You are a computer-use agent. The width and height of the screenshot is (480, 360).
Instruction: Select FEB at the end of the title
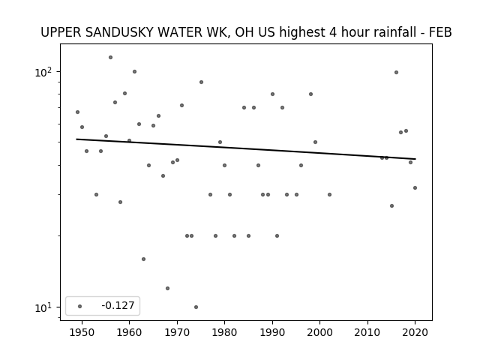point(440,32)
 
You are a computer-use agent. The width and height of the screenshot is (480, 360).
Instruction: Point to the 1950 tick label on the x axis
point(82,332)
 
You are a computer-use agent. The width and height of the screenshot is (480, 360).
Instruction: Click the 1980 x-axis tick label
point(224,332)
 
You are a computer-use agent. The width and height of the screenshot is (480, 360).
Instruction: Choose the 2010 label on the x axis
point(367,332)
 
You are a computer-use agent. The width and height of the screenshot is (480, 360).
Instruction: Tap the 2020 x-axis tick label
point(415,332)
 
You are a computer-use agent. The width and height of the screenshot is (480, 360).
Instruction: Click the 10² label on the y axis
point(43,72)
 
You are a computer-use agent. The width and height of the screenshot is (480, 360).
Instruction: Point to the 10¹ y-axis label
point(43,307)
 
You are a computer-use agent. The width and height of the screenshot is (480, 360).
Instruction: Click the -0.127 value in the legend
point(118,305)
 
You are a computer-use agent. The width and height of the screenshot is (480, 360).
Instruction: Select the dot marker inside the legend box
point(79,306)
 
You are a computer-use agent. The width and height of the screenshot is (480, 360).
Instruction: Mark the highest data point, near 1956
point(110,57)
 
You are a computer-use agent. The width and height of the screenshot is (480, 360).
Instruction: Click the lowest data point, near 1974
point(196,307)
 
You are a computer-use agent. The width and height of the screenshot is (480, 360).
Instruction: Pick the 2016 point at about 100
point(396,72)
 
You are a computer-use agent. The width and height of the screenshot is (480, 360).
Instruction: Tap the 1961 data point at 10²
point(134,72)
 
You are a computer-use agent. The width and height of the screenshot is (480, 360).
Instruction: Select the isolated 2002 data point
point(329,194)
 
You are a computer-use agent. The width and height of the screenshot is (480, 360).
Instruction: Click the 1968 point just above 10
point(167,288)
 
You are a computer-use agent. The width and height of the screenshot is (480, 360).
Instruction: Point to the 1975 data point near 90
point(201,82)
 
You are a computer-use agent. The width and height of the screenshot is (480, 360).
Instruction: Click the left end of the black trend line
point(76,139)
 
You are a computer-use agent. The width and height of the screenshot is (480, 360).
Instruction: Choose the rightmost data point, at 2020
point(415,187)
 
